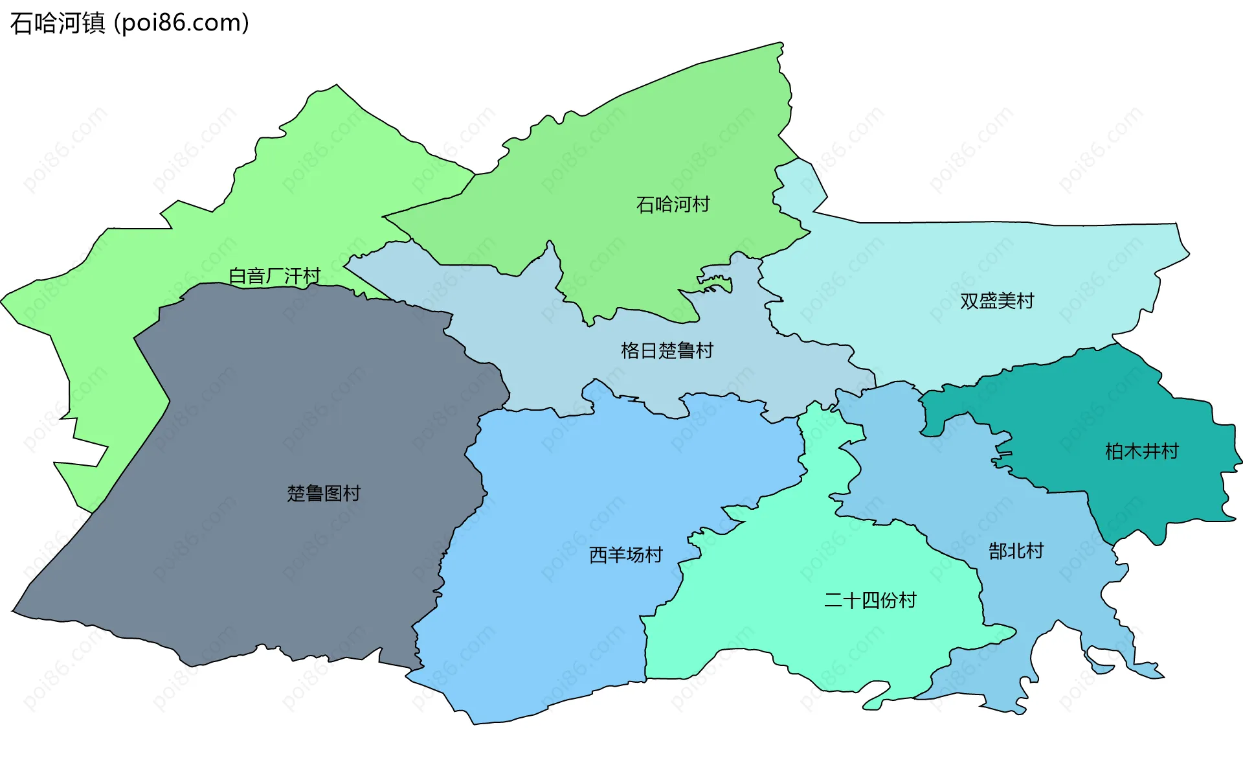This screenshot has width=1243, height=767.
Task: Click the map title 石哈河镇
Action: (x=58, y=23)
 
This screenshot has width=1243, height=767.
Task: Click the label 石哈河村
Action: (x=673, y=205)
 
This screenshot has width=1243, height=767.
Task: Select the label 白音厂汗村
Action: (x=275, y=276)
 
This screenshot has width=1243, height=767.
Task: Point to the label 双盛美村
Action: (x=997, y=301)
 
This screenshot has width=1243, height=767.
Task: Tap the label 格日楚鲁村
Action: (x=667, y=351)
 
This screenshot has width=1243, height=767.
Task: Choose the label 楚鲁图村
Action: (x=324, y=494)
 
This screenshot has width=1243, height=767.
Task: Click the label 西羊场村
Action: (x=626, y=555)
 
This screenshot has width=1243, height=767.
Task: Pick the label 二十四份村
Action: (x=870, y=601)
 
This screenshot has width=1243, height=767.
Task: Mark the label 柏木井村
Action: (x=1142, y=452)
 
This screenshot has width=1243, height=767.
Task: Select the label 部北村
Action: (x=1016, y=551)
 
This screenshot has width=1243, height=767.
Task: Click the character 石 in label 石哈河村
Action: (x=645, y=205)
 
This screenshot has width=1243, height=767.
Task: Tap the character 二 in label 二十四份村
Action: (x=833, y=601)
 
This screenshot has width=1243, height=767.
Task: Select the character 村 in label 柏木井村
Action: (x=1170, y=452)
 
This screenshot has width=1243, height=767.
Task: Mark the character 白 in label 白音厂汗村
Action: (x=238, y=276)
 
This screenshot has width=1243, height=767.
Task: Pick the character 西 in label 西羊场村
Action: (x=598, y=555)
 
